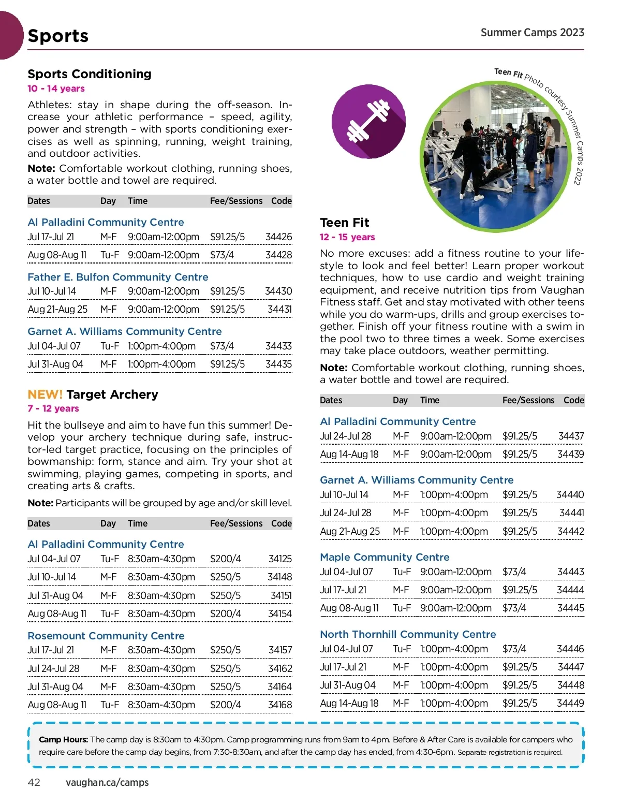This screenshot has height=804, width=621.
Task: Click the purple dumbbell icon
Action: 368,122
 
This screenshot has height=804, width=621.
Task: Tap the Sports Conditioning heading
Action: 90,74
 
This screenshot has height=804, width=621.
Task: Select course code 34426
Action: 278,237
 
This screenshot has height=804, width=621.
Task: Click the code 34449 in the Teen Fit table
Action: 570,703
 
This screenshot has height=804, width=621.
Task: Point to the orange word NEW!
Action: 45,394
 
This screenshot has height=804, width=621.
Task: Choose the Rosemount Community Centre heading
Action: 106,636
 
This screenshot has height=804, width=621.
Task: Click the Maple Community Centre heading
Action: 385,557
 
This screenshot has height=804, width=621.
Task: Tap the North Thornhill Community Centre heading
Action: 408,634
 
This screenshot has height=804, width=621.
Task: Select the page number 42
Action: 34,782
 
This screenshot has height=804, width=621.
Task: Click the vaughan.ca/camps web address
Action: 107,782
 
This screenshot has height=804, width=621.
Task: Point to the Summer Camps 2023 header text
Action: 532,33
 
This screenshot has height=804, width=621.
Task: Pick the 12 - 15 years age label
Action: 347,237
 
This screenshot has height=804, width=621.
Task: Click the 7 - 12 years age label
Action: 53,408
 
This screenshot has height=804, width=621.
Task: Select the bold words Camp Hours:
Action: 63,739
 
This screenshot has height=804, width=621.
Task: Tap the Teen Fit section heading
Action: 345,223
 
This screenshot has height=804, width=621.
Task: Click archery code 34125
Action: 280,559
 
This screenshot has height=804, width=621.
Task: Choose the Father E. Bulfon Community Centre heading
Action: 118,277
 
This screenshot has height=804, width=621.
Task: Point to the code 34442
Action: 570,531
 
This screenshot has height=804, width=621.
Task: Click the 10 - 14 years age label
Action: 56,89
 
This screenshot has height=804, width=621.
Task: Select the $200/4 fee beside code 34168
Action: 225,705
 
